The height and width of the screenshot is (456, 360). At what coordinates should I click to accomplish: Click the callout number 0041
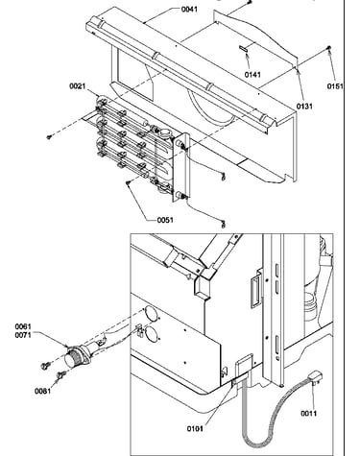189,9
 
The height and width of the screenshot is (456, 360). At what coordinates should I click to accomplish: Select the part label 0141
252,75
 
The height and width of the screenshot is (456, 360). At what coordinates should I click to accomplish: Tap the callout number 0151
335,86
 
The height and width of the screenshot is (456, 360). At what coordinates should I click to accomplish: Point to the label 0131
304,106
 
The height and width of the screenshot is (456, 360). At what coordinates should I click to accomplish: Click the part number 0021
78,86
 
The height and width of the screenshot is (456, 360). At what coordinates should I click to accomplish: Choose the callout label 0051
165,220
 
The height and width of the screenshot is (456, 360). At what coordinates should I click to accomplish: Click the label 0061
23,326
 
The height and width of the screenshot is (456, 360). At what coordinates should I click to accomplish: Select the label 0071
23,335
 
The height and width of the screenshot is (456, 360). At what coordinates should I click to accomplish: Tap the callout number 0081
42,391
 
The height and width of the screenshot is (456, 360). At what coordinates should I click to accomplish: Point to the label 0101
195,428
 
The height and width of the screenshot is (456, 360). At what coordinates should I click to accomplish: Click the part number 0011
308,414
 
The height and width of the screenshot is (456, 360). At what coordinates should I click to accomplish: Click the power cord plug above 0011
316,376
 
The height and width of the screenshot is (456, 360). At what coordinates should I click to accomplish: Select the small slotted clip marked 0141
243,48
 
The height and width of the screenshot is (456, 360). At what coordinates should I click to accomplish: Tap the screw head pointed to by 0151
329,48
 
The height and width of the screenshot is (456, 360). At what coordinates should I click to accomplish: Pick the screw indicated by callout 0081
61,374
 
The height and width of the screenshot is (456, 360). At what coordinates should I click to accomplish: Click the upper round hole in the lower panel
151,314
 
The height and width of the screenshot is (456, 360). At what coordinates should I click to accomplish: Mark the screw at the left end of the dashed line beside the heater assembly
49,137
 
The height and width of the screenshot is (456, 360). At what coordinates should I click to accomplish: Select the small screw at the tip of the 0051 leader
129,183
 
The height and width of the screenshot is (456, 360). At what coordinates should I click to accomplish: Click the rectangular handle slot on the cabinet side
255,292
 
